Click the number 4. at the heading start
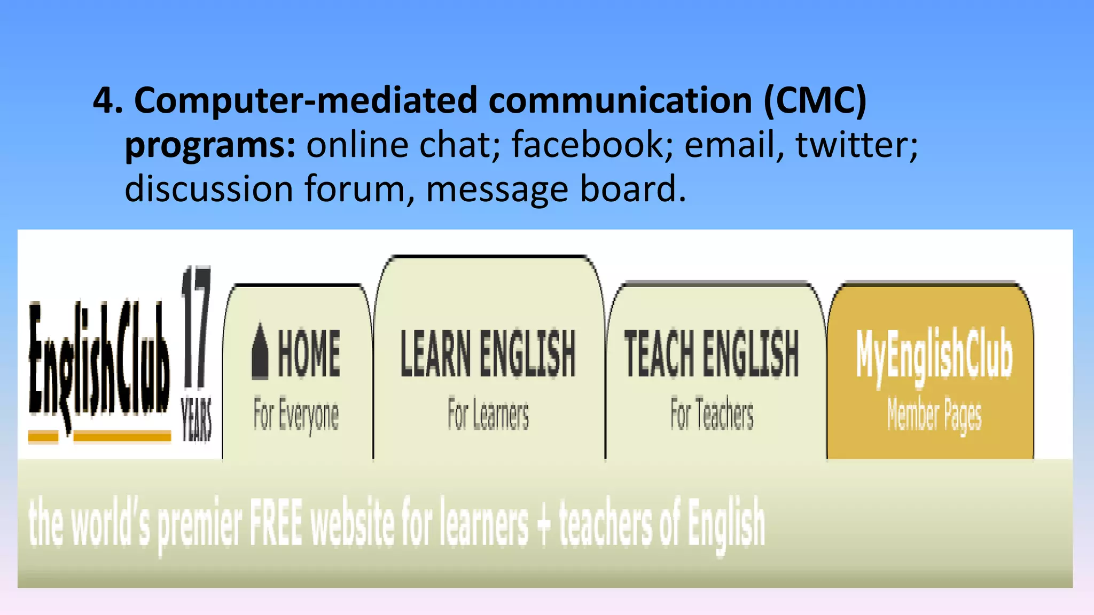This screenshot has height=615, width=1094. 107,100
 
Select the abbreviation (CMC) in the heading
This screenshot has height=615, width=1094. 815,100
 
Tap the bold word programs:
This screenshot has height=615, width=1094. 210,145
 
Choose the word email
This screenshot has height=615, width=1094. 730,145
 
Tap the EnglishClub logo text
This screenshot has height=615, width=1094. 99,363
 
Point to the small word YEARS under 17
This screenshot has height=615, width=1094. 197,420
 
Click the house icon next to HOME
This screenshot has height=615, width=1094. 260,351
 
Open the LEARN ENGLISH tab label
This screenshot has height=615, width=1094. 488,353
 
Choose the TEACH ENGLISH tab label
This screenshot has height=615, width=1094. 712,353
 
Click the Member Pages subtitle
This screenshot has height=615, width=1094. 934,415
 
